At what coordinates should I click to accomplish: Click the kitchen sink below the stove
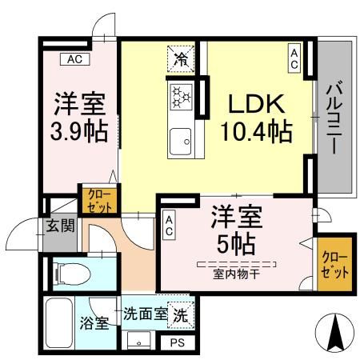pyautogui.click(x=181, y=141)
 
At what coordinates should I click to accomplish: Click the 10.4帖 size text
pyautogui.click(x=257, y=129)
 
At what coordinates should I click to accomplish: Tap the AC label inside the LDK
pyautogui.click(x=294, y=57)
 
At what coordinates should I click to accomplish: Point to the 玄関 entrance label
pyautogui.click(x=59, y=226)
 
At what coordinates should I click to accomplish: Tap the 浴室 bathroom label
pyautogui.click(x=94, y=324)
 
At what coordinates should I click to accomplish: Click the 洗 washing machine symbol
pyautogui.click(x=182, y=314)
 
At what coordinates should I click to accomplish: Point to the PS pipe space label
pyautogui.click(x=177, y=342)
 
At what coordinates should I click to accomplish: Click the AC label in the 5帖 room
pyautogui.click(x=170, y=226)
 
